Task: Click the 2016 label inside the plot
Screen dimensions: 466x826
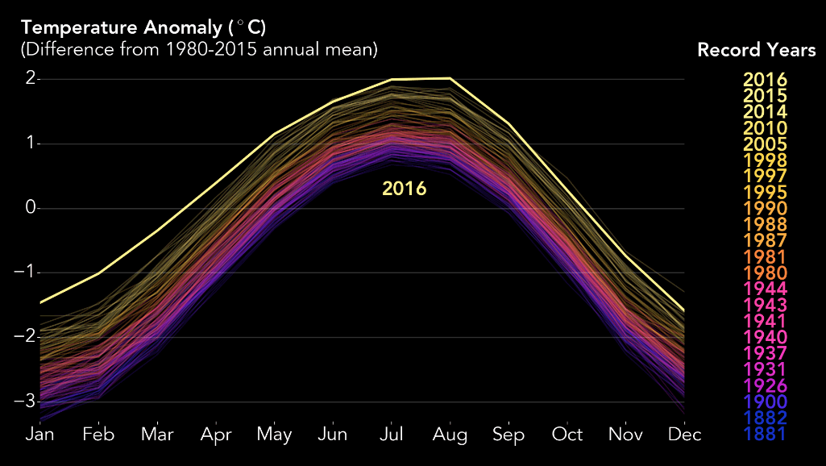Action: [404, 189]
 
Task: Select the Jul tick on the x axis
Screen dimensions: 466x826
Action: [392, 435]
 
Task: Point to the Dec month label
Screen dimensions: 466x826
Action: [684, 435]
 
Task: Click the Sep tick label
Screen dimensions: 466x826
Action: [508, 435]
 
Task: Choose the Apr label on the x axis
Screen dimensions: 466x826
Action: [216, 435]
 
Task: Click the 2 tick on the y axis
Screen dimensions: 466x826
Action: [31, 79]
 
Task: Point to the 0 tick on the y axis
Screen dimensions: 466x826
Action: [31, 208]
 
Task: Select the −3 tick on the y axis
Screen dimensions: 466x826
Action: [27, 402]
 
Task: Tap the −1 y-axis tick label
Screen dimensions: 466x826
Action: [27, 273]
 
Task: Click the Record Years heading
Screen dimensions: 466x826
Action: [756, 50]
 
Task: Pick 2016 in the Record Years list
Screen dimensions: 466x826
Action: [765, 79]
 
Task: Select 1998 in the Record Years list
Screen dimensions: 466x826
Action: [765, 160]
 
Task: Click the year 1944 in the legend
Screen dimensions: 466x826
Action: [765, 289]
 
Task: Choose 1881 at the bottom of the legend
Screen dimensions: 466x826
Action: [765, 434]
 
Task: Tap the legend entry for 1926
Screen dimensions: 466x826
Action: [765, 385]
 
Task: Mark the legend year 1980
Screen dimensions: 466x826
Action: [765, 273]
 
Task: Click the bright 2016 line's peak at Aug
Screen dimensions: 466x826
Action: [450, 78]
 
